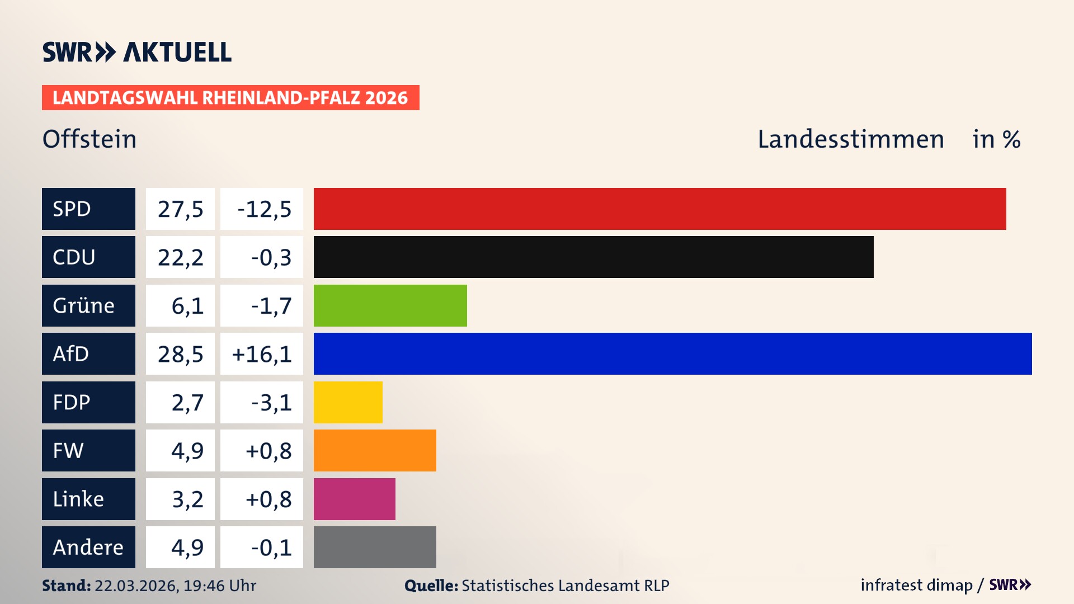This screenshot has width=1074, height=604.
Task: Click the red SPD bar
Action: tap(660, 209)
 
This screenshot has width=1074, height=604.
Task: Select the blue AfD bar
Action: tap(672, 353)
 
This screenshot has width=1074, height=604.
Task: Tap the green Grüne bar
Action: tap(390, 305)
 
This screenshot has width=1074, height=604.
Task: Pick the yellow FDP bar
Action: tap(348, 402)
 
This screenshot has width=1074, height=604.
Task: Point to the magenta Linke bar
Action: tap(354, 499)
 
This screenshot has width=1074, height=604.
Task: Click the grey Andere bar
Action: tap(375, 547)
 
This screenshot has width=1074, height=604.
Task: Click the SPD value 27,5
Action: tap(180, 209)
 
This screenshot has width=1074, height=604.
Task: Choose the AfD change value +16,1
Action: tap(262, 354)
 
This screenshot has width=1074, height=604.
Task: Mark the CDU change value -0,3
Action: tap(271, 257)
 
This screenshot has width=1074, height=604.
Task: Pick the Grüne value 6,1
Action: tap(187, 306)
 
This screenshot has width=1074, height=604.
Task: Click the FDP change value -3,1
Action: tap(271, 403)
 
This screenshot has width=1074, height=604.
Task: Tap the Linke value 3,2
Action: tap(187, 499)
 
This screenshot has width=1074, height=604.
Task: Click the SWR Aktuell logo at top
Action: tap(137, 52)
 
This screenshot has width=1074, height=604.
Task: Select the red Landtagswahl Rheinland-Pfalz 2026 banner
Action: tap(230, 98)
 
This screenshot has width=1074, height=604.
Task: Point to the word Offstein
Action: tap(89, 139)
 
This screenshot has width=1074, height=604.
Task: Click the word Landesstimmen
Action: tap(850, 139)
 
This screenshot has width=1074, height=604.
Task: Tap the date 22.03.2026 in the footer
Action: tap(136, 586)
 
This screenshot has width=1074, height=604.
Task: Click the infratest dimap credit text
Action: tap(916, 585)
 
